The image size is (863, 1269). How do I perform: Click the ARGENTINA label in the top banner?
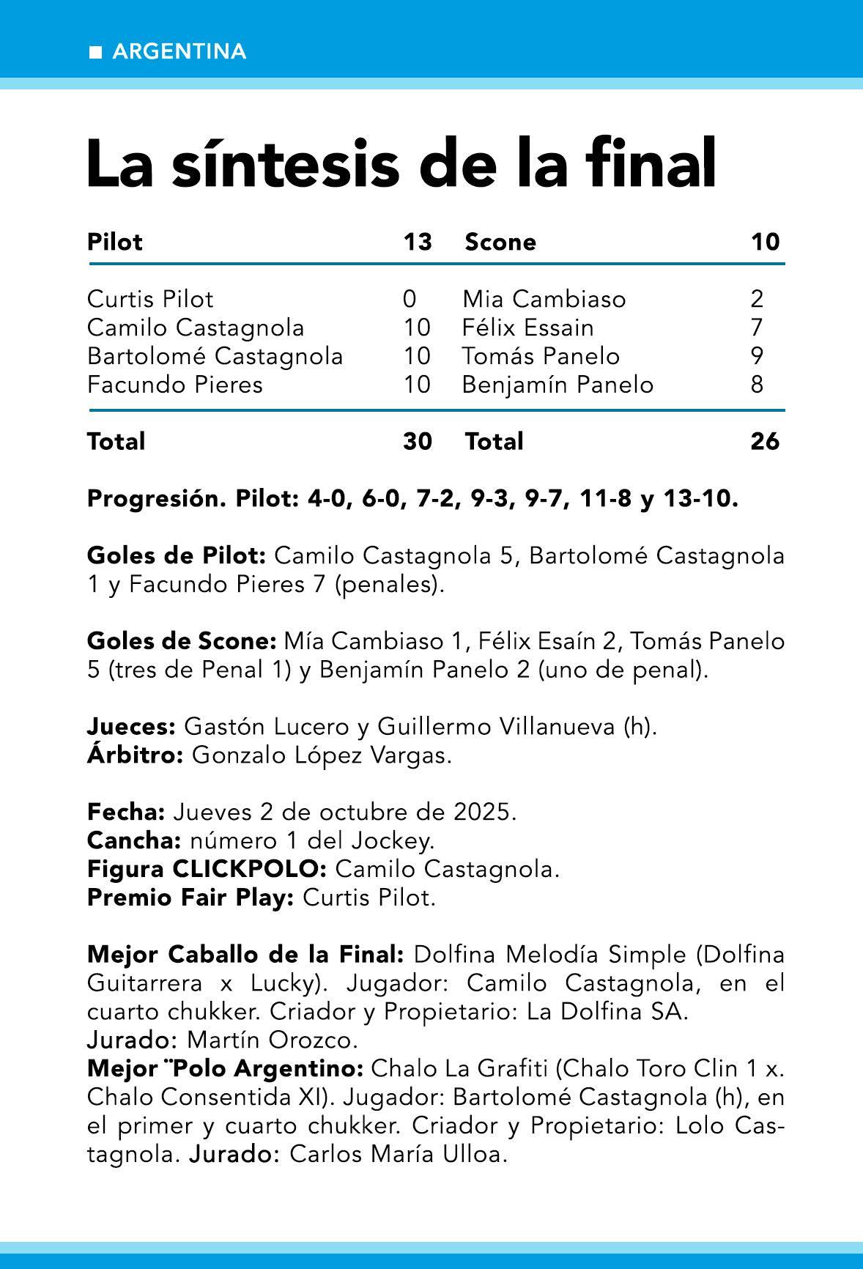(179, 51)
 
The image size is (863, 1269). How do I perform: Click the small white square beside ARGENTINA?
(95, 52)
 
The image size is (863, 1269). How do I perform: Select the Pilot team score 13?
(418, 242)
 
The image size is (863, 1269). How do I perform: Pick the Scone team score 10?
(765, 242)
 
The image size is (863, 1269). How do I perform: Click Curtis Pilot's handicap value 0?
(410, 299)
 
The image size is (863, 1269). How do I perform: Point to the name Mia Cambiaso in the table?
(544, 299)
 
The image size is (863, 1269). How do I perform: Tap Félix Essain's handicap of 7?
(757, 328)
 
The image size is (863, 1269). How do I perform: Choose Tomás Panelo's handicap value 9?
(757, 356)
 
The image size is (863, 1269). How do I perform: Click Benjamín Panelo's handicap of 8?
(757, 385)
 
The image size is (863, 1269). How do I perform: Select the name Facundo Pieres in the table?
(174, 385)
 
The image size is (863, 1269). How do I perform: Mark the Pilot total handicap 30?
(418, 441)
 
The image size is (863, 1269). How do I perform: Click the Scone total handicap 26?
(765, 441)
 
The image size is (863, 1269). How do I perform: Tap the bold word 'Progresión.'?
(157, 499)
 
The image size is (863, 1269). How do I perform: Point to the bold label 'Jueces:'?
(131, 727)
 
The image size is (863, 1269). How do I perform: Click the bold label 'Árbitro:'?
(135, 755)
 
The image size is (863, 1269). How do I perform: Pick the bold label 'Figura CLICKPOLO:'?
(207, 870)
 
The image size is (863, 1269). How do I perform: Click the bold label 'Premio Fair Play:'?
(190, 898)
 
